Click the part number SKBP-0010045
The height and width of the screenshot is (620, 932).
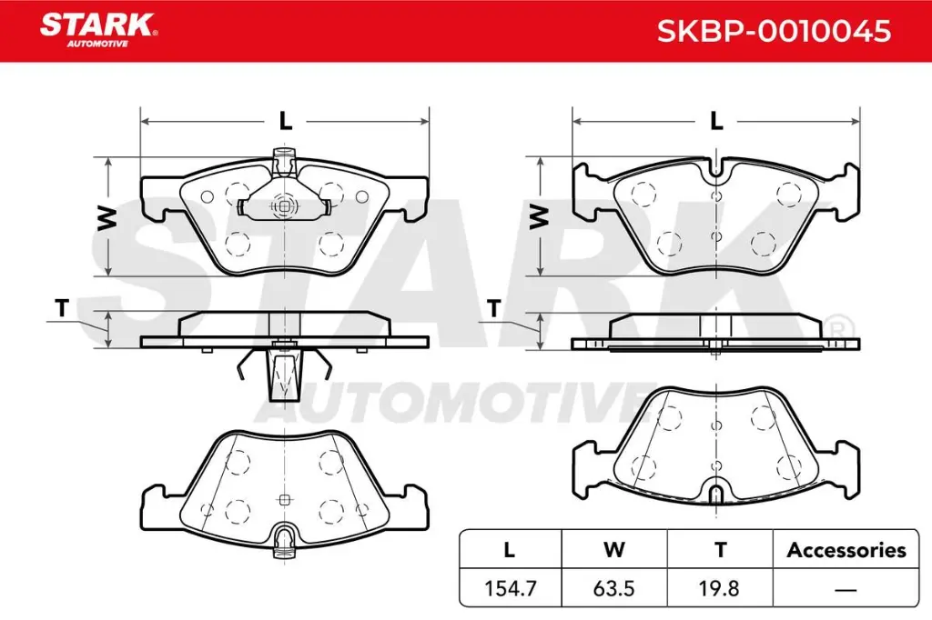click(x=774, y=32)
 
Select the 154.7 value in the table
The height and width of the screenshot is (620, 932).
click(x=509, y=588)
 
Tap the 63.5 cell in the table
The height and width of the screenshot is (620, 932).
click(x=614, y=588)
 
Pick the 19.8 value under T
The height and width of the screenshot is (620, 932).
click(x=720, y=588)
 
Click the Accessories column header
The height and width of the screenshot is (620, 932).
click(x=846, y=550)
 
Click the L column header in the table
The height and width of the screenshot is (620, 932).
click(x=509, y=550)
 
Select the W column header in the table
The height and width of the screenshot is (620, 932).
click(x=614, y=550)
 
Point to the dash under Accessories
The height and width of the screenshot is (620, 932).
click(x=846, y=589)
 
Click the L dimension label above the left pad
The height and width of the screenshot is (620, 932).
click(x=284, y=119)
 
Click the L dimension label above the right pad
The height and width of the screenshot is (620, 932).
click(x=715, y=119)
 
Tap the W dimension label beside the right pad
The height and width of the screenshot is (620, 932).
click(x=540, y=216)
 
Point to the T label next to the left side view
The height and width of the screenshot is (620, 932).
click(x=61, y=309)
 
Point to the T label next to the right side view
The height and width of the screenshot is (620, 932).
click(x=493, y=309)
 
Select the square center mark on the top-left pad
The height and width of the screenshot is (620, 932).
click(x=285, y=206)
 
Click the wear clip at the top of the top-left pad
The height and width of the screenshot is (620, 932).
click(x=285, y=164)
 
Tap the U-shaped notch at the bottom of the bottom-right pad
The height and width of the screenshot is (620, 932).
click(x=716, y=494)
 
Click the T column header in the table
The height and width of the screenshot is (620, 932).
click(x=720, y=550)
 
